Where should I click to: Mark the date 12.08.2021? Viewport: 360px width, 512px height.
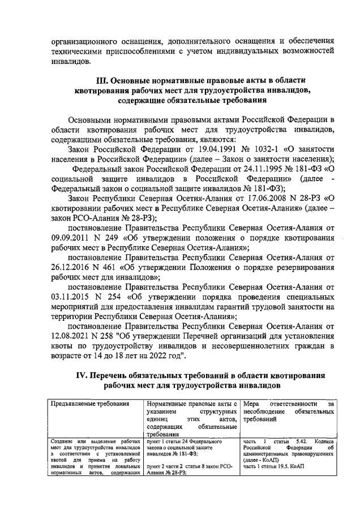[x=70, y=333]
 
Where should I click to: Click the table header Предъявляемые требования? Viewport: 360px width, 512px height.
[x=90, y=404]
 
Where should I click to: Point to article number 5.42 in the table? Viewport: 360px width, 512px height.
[x=304, y=441]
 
